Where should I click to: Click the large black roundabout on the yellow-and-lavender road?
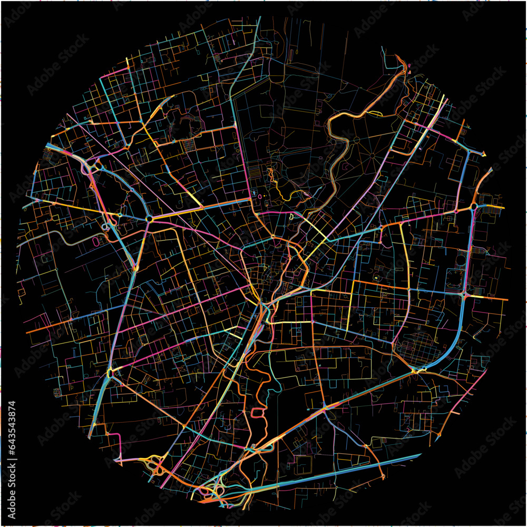point(149,218)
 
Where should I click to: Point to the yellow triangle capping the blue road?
point(482,154)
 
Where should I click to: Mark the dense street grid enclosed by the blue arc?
point(416,348)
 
